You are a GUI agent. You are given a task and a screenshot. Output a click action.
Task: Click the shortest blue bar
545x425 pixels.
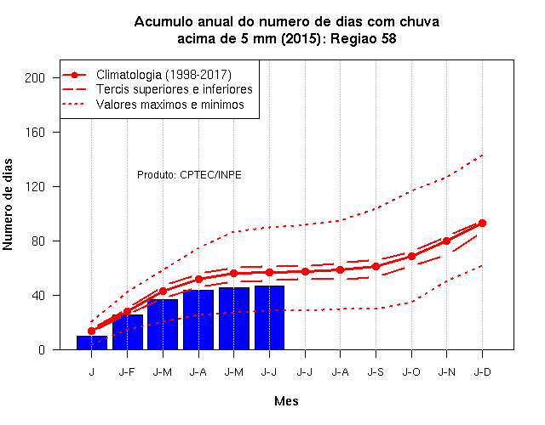[92, 343]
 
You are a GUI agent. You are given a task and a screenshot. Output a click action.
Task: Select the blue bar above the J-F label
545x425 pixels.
[128, 332]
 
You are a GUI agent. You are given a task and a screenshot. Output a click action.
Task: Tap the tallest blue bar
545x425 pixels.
[269, 318]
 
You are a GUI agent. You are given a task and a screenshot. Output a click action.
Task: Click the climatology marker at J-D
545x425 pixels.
[482, 223]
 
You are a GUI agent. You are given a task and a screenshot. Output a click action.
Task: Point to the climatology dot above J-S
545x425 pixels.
[376, 266]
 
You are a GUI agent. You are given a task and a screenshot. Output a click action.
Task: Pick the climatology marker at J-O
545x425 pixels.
[411, 257]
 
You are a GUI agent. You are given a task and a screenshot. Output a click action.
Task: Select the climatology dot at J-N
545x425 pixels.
[446, 241]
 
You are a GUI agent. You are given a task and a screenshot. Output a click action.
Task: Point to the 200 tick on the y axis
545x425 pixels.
[35, 77]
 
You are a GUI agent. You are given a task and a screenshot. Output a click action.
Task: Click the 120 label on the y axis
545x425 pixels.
[35, 187]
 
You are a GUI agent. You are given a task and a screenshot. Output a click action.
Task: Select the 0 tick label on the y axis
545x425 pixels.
[42, 349]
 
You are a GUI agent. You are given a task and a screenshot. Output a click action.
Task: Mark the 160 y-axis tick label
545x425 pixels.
[35, 133]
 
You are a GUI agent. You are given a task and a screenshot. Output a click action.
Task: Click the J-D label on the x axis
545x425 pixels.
[483, 372]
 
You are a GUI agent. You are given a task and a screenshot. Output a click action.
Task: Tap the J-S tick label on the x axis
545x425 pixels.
[376, 372]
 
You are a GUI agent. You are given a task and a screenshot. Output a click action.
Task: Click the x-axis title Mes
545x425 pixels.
[286, 401]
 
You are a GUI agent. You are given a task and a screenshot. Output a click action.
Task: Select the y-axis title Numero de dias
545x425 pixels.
[8, 204]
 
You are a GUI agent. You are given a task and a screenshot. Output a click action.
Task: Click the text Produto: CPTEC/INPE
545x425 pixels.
[189, 174]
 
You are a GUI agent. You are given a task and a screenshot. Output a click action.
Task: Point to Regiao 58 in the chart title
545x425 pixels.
[364, 38]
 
